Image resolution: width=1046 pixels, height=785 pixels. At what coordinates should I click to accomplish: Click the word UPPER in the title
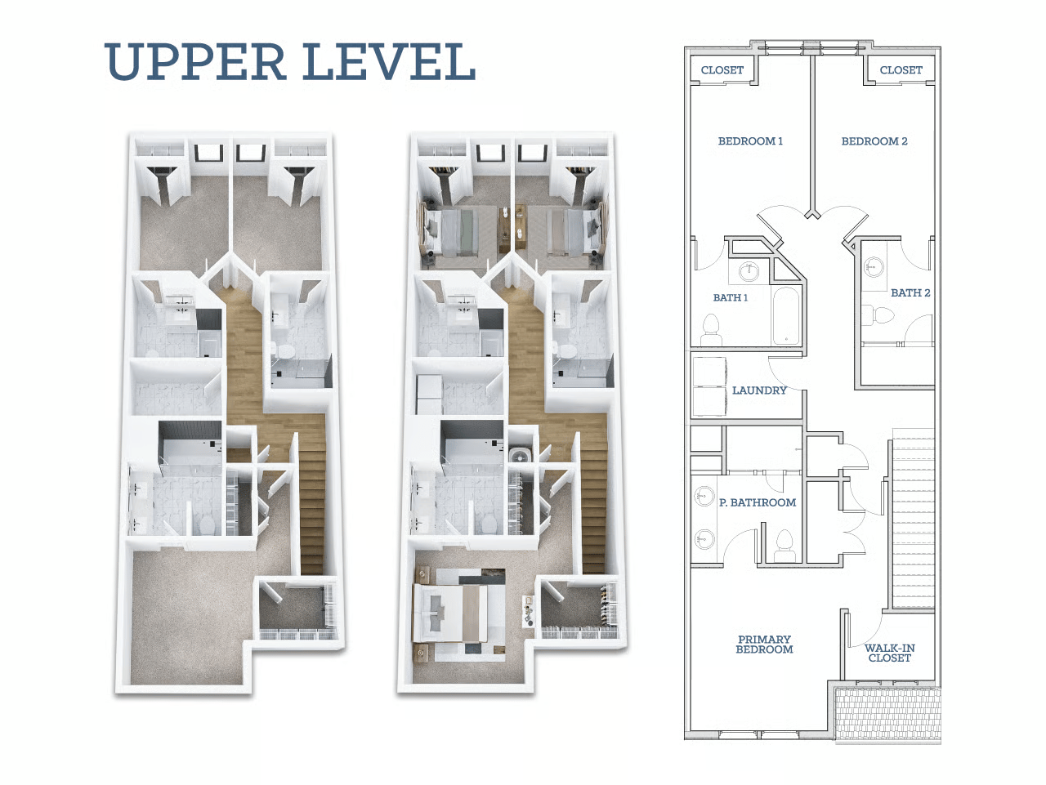click(x=195, y=61)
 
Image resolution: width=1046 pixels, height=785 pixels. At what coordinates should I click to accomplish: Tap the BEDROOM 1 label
click(x=750, y=141)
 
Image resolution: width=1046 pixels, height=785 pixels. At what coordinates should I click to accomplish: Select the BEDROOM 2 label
click(x=874, y=141)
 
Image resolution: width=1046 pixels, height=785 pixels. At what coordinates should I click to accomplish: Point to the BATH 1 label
click(x=730, y=297)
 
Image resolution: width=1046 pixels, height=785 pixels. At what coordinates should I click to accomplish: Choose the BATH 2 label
click(x=910, y=293)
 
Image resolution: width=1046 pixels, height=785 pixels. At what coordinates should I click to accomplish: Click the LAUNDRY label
click(x=759, y=390)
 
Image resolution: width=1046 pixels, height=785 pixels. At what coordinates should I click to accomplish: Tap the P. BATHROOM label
click(x=758, y=502)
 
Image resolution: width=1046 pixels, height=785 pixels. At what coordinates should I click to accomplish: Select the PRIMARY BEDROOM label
click(x=764, y=644)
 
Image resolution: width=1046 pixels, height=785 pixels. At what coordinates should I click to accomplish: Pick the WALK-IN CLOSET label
click(x=889, y=653)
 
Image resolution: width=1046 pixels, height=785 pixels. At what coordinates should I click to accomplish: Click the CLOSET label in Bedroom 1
click(x=722, y=70)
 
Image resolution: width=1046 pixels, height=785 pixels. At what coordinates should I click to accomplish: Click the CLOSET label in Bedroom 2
click(x=901, y=70)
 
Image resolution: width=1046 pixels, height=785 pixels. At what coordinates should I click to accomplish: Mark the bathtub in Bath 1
click(x=785, y=315)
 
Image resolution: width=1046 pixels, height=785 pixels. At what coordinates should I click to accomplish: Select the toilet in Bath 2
click(x=878, y=314)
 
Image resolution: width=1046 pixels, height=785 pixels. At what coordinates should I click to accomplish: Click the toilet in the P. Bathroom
click(x=784, y=546)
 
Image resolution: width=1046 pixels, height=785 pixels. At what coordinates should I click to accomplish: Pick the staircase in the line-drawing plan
click(x=913, y=518)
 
